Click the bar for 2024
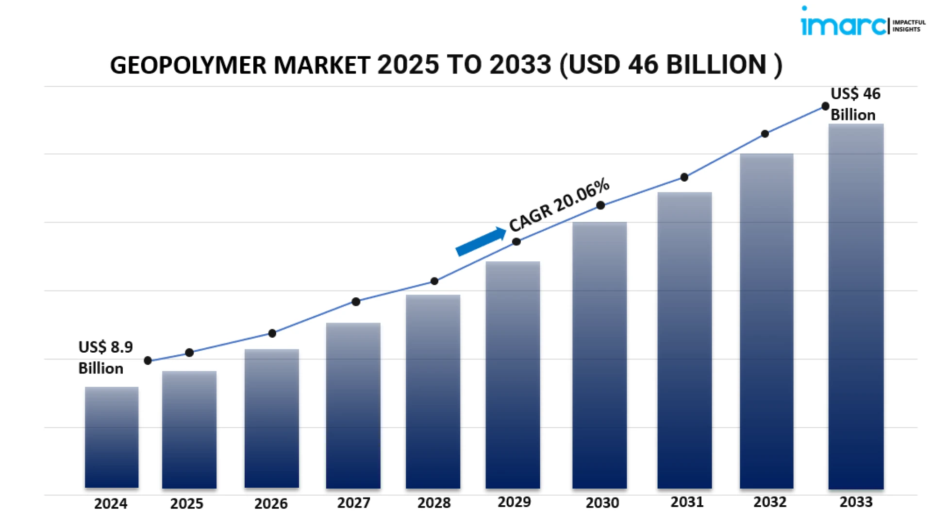[x=112, y=437]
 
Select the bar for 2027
[x=353, y=406]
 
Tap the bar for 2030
[x=599, y=355]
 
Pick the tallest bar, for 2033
[x=856, y=307]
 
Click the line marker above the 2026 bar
[x=272, y=333]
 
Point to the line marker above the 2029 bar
[x=516, y=241]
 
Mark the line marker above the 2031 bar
[x=684, y=177]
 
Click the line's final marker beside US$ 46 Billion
[x=825, y=106]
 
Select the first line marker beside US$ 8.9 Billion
[x=148, y=360]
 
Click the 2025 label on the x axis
[x=187, y=503]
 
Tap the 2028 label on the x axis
[x=434, y=503]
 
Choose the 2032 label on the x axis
[x=769, y=502]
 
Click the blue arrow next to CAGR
[x=481, y=241]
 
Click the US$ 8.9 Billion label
[x=105, y=358]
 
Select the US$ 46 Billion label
[x=855, y=104]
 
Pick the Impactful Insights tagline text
[x=909, y=26]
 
